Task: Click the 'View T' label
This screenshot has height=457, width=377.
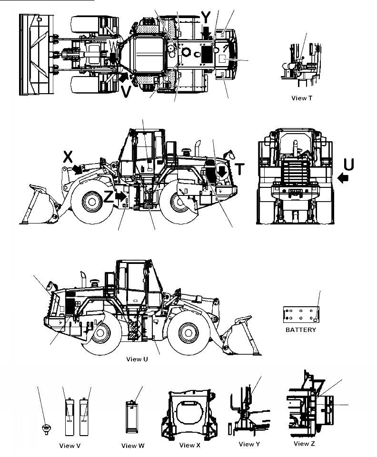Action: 302,98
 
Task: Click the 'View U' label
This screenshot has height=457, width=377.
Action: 137,359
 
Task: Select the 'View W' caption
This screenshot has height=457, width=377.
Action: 133,446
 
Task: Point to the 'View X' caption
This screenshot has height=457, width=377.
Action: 190,445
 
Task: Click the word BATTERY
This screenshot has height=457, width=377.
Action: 300,330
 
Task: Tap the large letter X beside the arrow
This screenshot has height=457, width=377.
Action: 68,156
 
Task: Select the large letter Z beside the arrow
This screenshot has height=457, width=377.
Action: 109,196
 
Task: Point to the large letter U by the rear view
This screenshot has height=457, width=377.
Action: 349,165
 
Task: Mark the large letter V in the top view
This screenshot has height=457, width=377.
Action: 126,91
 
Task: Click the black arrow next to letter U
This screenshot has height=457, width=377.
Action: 342,178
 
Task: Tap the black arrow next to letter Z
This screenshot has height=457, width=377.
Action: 121,195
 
